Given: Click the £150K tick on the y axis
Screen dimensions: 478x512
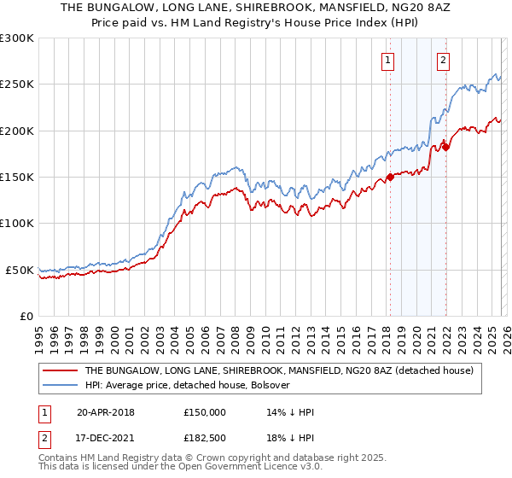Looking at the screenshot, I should [x=17, y=178].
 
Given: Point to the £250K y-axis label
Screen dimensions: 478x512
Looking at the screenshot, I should [x=17, y=85].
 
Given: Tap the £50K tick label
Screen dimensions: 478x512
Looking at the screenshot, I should [x=20, y=271].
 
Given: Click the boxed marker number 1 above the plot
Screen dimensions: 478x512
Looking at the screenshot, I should [x=388, y=60].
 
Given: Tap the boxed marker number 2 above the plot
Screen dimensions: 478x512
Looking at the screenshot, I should [x=444, y=60].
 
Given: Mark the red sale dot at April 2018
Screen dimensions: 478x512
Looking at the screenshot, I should [x=390, y=178].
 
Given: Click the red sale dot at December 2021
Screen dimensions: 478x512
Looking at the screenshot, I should [x=445, y=147].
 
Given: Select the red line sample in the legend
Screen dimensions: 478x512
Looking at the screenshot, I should [x=60, y=371].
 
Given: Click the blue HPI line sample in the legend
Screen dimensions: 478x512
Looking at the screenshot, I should [x=60, y=385].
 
